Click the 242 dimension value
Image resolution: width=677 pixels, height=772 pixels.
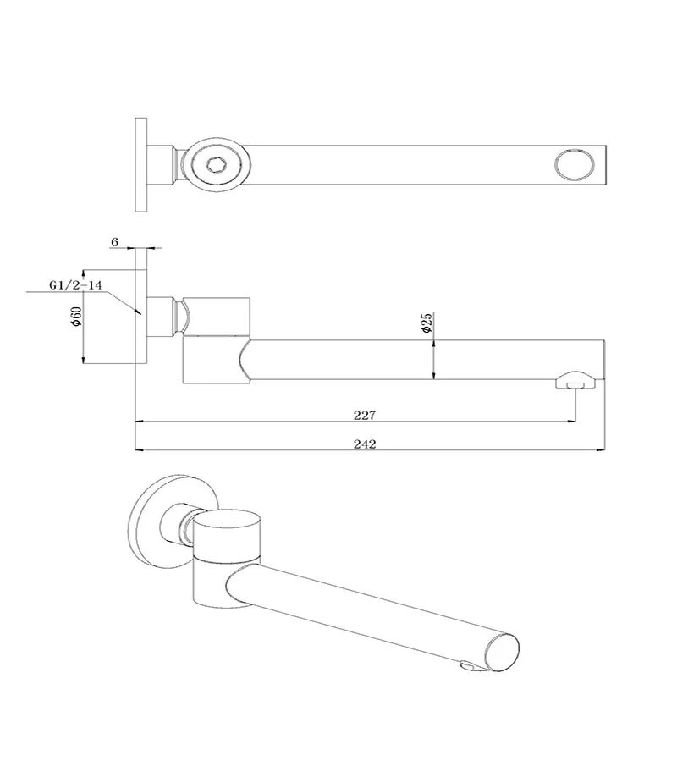coord(366,444)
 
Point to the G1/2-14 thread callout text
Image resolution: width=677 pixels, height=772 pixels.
coord(75,286)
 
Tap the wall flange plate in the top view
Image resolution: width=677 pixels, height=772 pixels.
coord(140,165)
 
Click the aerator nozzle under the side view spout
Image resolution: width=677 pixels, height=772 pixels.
coord(575,383)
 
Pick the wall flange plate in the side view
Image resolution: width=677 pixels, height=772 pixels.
coord(140,305)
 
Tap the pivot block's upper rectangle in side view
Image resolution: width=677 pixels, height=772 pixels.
coord(218,315)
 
